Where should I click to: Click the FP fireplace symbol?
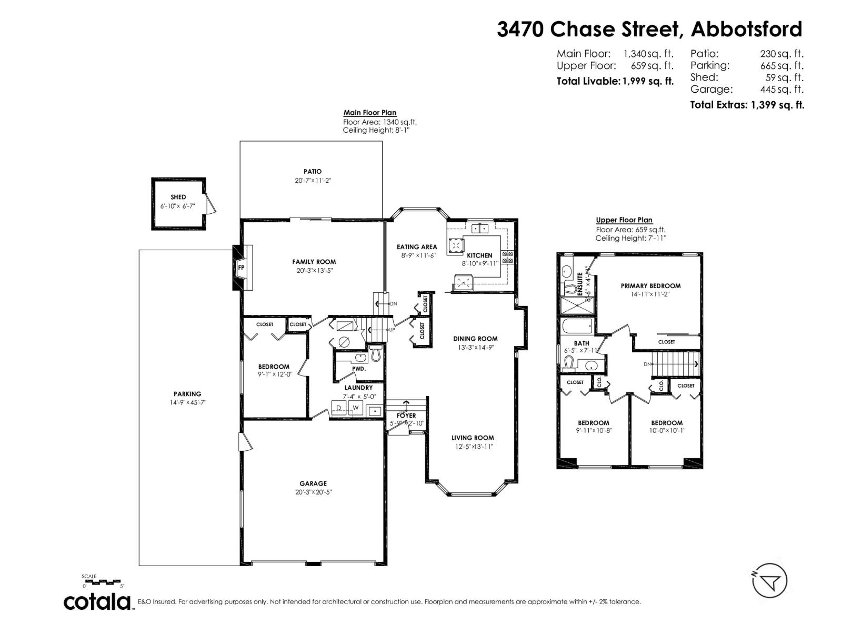242,267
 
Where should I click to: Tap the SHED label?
178,197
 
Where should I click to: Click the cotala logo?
98,601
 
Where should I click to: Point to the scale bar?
103,582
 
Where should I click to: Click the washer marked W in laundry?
355,408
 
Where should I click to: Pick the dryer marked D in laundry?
339,408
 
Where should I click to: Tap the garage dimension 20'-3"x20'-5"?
313,492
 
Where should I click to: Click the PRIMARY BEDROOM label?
650,286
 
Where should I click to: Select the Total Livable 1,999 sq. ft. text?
615,81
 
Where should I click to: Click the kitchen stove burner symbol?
508,257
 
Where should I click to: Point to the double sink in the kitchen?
480,229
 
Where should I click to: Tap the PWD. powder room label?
359,369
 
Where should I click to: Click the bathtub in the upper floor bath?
577,327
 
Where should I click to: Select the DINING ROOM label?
475,339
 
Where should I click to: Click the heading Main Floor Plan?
369,113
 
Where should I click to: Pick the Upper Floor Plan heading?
624,220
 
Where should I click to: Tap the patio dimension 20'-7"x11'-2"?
313,180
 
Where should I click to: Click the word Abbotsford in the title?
746,29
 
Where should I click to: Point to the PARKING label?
187,394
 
